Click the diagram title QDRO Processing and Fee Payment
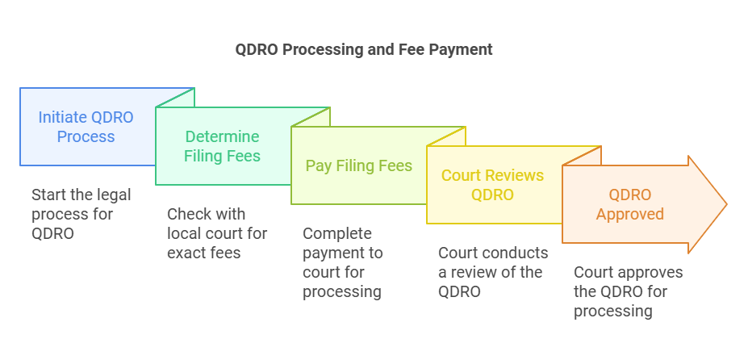click(363, 49)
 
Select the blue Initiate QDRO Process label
click(86, 127)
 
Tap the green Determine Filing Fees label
click(222, 146)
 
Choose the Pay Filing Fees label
click(358, 165)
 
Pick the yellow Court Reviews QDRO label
click(492, 185)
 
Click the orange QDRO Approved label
click(629, 204)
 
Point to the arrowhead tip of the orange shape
click(725, 204)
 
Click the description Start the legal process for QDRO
click(81, 214)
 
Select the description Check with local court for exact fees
click(216, 233)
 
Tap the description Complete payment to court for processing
click(342, 262)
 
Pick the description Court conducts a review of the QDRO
click(492, 272)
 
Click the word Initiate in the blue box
click(63, 117)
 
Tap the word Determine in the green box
click(222, 136)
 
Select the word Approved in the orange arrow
click(629, 214)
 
